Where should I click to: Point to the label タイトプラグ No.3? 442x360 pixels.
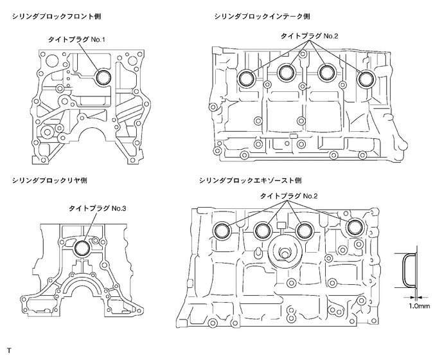tap(96, 209)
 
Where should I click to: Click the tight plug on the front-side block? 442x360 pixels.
tap(103, 78)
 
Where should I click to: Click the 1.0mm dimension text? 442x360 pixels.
tap(419, 307)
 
